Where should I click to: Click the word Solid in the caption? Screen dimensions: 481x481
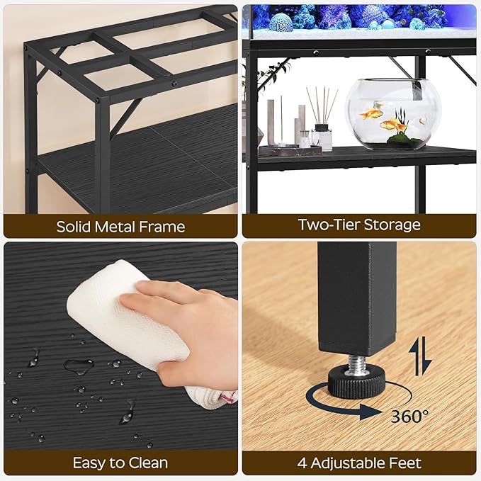coord(76,227)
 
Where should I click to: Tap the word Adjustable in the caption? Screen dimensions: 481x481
coord(349,463)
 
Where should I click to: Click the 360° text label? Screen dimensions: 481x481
coord(409,416)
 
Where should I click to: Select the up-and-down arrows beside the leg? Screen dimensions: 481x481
coord(422,356)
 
